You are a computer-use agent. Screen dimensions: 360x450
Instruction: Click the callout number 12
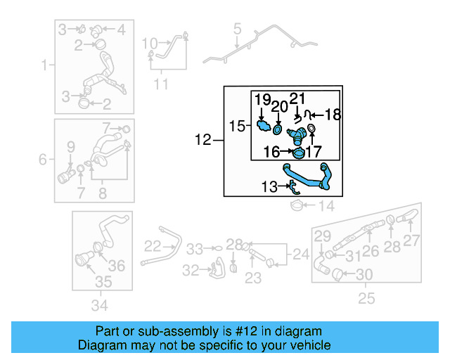click(x=202, y=141)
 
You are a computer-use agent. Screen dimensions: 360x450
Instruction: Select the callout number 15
click(x=236, y=126)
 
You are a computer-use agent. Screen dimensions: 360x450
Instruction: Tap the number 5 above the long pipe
click(x=237, y=30)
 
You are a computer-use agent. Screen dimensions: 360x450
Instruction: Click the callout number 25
click(x=366, y=300)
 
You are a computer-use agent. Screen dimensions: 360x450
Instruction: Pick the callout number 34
click(x=100, y=304)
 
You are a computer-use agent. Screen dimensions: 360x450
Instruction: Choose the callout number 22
click(x=153, y=245)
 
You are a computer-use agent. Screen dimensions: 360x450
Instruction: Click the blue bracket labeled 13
click(x=293, y=186)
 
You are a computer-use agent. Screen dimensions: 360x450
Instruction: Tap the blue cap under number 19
click(x=264, y=127)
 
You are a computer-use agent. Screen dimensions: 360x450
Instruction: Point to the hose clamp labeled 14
click(x=298, y=205)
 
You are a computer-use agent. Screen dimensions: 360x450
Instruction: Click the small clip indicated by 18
click(x=299, y=114)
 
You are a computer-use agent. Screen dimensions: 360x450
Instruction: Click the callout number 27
click(x=412, y=240)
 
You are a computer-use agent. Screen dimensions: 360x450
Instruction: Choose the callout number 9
click(x=70, y=146)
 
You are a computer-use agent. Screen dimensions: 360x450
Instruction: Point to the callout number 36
click(x=117, y=265)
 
